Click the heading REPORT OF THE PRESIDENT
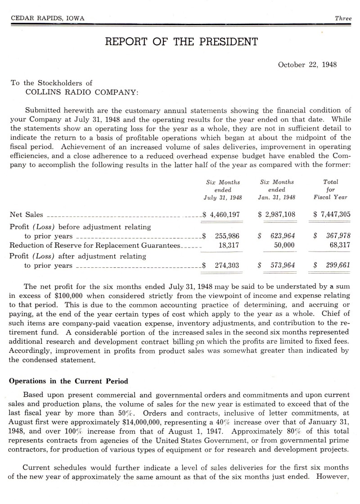click(181, 42)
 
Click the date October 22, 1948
click(307, 64)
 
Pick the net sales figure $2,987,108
click(277, 215)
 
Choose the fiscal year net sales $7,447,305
click(332, 215)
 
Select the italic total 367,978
click(336, 236)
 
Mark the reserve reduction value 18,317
click(229, 245)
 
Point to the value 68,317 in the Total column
click(340, 245)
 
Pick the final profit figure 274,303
click(227, 265)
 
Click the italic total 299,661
click(336, 265)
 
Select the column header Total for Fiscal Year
click(331, 189)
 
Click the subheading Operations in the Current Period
click(69, 381)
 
